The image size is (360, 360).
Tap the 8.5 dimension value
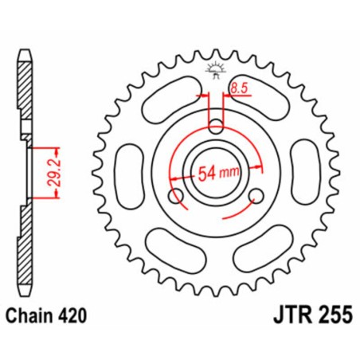(238, 89)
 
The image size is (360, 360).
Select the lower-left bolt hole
(177, 196)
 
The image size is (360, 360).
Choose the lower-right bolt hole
(256, 196)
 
